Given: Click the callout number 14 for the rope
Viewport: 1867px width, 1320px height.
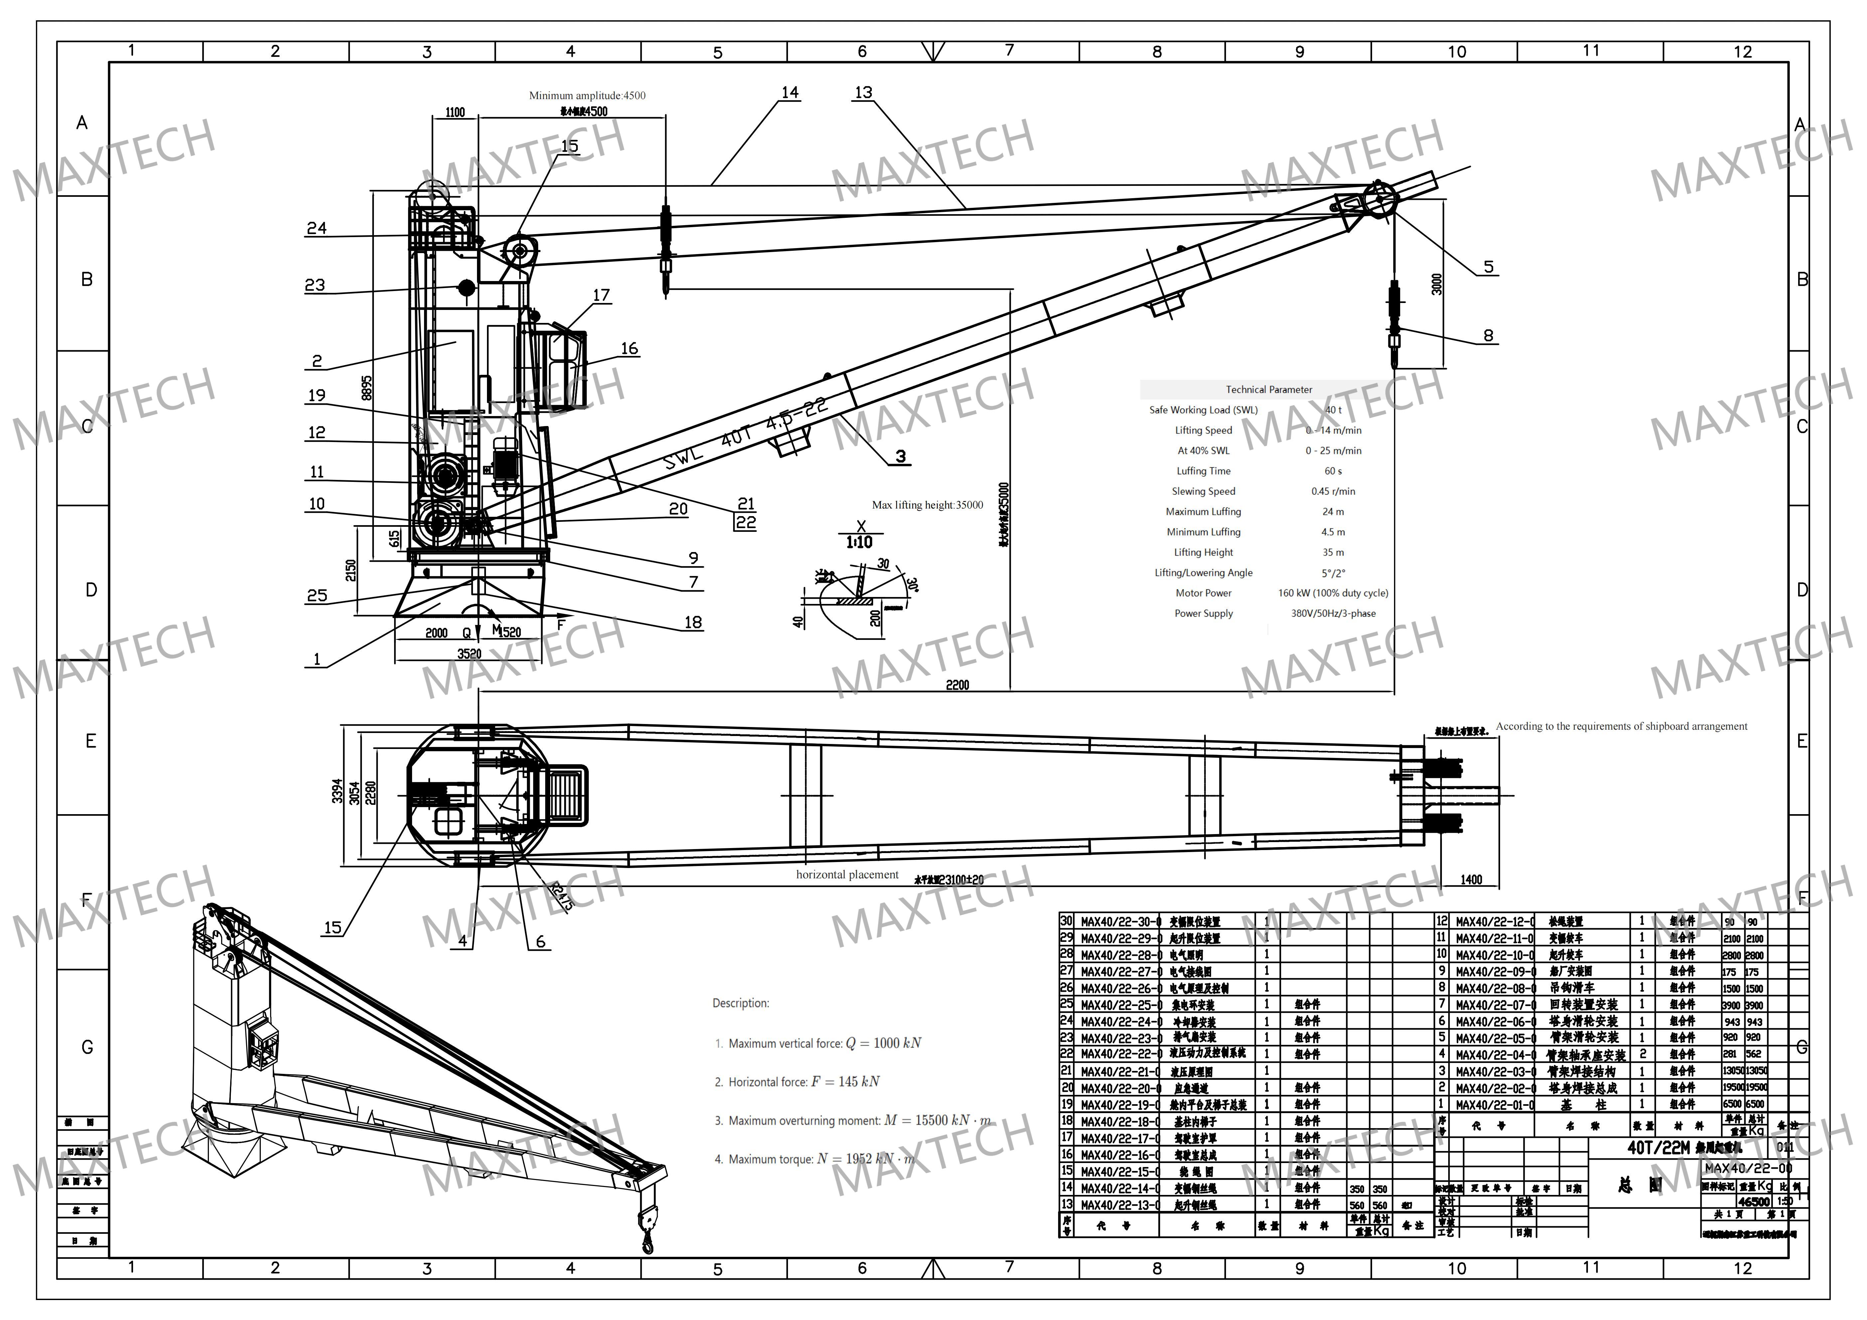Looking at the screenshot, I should [790, 93].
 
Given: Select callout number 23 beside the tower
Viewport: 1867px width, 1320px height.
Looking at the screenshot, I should [315, 285].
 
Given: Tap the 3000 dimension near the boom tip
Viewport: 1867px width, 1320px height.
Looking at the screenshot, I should [1437, 284].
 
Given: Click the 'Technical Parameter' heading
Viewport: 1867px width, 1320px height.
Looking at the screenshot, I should [1269, 389].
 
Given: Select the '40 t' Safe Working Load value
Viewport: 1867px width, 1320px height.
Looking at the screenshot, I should [1333, 410].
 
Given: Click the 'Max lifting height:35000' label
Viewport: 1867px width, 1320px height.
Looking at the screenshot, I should [927, 505].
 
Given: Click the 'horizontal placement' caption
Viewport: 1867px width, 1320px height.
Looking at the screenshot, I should [847, 875].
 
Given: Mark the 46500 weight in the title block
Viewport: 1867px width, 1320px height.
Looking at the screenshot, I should [1753, 1201].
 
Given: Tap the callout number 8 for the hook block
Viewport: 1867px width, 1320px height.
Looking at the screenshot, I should [1488, 336].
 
